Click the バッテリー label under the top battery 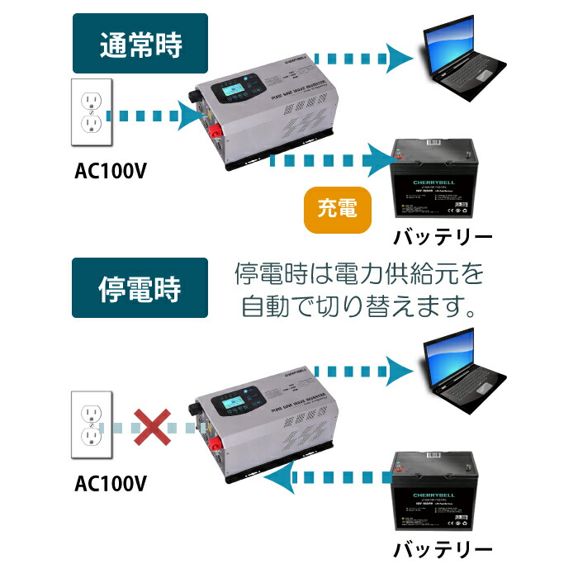tap(443, 237)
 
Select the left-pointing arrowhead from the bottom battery tap(282, 476)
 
